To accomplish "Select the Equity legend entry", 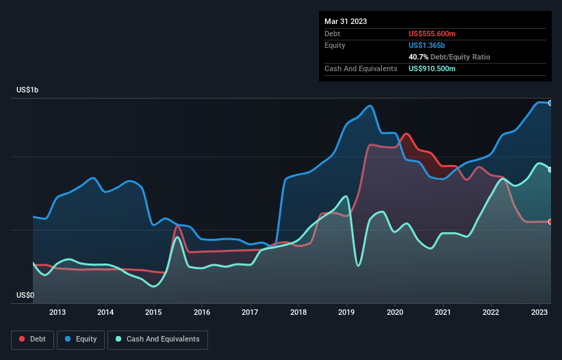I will coord(81,339).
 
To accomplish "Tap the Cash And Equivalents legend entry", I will coord(157,339).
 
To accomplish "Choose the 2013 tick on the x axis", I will coord(58,313).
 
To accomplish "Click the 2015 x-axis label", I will coord(154,313).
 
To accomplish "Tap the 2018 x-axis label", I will coord(298,313).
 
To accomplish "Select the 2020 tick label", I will coord(395,313).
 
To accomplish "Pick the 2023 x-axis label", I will coord(539,313).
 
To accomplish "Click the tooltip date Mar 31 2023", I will coord(346,21).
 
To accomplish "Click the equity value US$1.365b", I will coord(426,45).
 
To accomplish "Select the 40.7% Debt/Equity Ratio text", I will coord(449,57).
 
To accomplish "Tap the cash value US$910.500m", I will coord(432,68).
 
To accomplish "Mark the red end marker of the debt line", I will coord(550,222).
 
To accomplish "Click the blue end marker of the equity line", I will coord(550,103).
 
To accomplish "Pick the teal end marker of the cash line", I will coord(550,170).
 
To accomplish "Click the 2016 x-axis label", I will coord(202,313).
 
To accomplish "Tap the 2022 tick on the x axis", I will coord(491,313).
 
